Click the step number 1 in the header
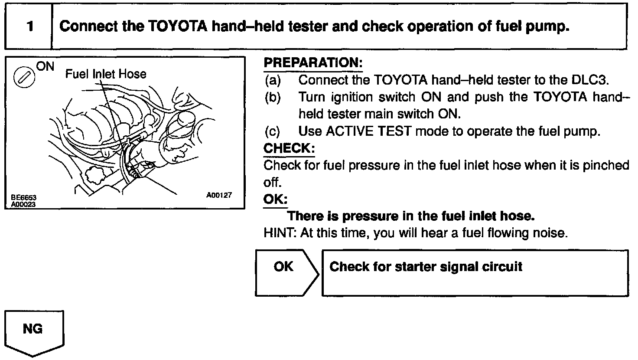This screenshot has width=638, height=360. coord(29,27)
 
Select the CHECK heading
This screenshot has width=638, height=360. coord(289,148)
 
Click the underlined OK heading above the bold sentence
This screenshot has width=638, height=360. coord(275,199)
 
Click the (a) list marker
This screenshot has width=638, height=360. coord(273,80)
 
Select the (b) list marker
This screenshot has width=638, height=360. coord(273,97)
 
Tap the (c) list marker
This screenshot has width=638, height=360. coord(273,131)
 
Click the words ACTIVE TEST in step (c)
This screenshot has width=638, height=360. coord(368,131)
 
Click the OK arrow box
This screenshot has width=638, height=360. coord(286,272)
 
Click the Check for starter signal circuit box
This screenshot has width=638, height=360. coord(475,273)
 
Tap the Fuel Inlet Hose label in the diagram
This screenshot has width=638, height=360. coord(106,74)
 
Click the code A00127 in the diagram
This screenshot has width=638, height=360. coord(219,196)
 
